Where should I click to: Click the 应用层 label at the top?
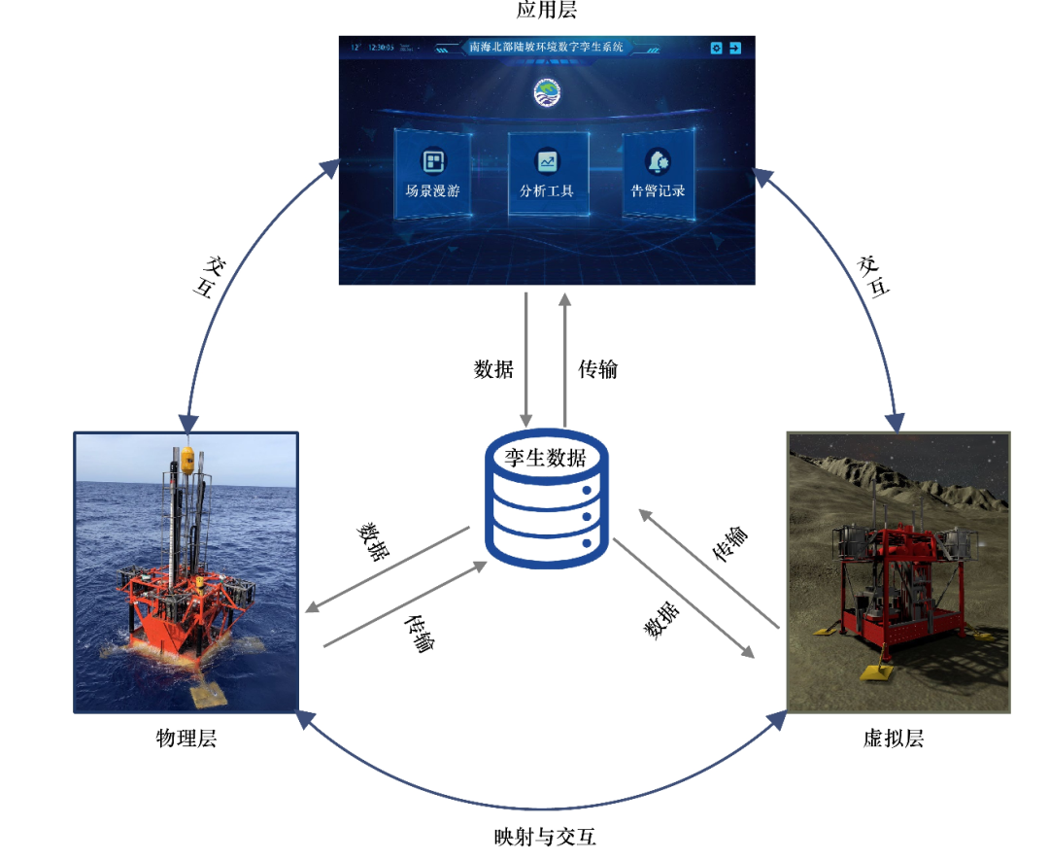click(x=547, y=11)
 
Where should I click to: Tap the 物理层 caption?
click(x=186, y=739)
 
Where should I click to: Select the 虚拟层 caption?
click(x=894, y=739)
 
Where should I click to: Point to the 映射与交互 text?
click(x=547, y=837)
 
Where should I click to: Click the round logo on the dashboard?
click(x=547, y=93)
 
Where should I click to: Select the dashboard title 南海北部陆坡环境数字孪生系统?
click(x=547, y=47)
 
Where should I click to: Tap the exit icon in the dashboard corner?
click(x=735, y=48)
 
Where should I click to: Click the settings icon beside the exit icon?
click(x=716, y=48)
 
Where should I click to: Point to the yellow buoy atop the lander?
click(x=186, y=457)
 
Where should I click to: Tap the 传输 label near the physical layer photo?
click(x=419, y=632)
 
